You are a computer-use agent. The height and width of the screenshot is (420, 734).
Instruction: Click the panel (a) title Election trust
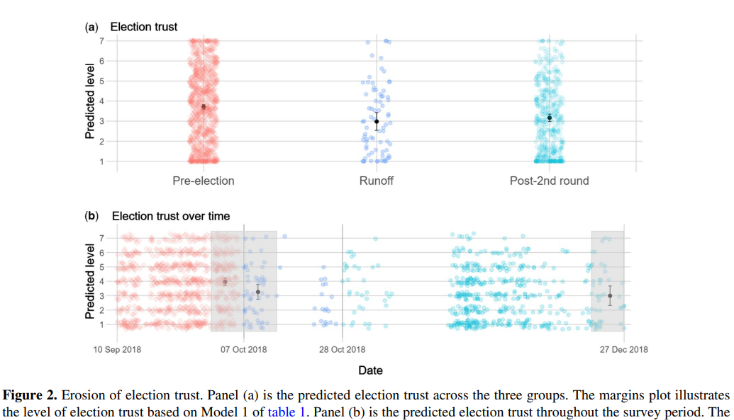[144, 27]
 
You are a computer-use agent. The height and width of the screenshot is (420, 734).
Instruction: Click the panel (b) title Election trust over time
[171, 216]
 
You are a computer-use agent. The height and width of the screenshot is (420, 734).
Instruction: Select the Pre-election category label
[204, 181]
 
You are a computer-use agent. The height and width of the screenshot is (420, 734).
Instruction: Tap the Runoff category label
[377, 181]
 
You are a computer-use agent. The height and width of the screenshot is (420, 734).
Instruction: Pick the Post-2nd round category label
[549, 181]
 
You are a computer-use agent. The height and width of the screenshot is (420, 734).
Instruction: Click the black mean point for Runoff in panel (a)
[377, 122]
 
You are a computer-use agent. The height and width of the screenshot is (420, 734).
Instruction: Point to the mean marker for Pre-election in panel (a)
[204, 107]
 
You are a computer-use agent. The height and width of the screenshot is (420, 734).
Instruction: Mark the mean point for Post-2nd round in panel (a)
[550, 118]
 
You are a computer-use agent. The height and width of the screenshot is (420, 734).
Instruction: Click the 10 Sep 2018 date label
[118, 349]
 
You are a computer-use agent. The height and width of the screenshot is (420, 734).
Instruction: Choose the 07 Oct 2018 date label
[244, 349]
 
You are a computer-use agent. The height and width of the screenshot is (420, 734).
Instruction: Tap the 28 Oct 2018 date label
[342, 349]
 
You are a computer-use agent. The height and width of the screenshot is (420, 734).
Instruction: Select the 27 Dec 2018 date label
[624, 349]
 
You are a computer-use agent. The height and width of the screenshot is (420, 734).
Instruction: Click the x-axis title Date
[370, 370]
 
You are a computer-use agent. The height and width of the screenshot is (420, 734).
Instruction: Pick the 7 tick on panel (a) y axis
[101, 41]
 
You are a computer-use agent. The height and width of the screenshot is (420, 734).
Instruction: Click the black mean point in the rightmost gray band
[610, 295]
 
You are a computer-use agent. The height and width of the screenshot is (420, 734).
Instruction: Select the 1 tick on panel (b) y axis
[101, 324]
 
